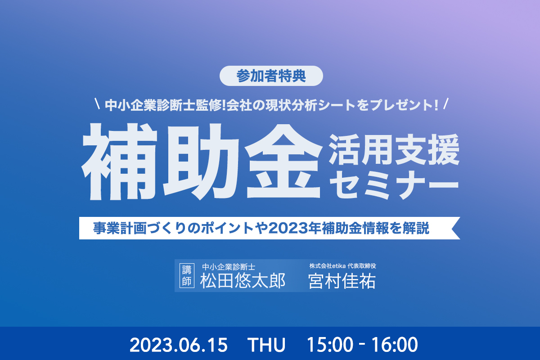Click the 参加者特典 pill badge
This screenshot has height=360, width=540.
tap(271, 76)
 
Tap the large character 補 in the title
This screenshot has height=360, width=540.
tap(120, 162)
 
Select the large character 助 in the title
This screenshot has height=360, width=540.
tap(201, 162)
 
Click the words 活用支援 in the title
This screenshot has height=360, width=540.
tap(394, 149)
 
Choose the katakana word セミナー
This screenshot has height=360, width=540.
tap(394, 185)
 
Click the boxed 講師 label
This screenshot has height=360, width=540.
tap(187, 275)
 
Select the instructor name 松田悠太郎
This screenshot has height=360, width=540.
tap(243, 281)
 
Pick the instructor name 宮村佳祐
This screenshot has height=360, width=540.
tap(342, 281)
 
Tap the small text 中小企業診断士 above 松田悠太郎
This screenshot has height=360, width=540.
tap(229, 267)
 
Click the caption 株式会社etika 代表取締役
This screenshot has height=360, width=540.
tap(342, 266)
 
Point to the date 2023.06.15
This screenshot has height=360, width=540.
tap(179, 345)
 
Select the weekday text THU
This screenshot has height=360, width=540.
tap(266, 345)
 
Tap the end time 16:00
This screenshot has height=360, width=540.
tap(395, 345)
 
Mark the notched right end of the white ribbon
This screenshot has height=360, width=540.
tap(452, 228)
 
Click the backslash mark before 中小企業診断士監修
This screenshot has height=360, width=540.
tap(97, 103)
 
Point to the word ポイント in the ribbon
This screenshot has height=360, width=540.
tap(226, 228)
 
